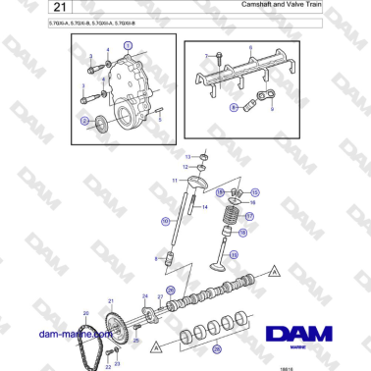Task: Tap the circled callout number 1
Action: pos(127,46)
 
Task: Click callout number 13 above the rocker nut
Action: pos(188,157)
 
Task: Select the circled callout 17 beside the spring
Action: pos(249,217)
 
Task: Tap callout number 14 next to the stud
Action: pos(205,208)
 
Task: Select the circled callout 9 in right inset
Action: pos(234,106)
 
